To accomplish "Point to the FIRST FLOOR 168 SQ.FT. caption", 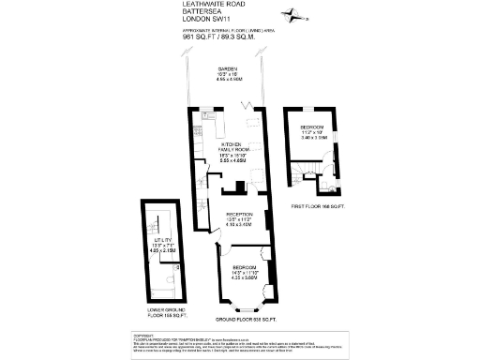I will [x=319, y=204].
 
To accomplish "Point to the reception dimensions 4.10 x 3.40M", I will [x=238, y=225].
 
